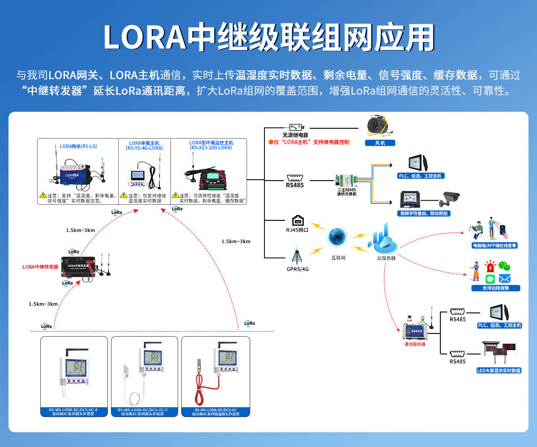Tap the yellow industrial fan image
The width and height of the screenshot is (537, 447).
379,126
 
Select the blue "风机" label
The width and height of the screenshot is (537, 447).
379,143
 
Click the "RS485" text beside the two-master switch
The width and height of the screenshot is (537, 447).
295,185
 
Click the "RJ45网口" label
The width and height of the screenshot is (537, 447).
298,231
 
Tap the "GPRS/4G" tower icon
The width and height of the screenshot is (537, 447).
296,255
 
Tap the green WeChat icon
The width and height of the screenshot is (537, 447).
504,266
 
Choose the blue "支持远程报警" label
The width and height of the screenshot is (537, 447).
495,288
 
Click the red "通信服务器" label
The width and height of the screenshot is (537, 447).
414,344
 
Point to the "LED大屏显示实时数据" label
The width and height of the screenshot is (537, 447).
499,371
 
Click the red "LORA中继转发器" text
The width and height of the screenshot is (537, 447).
40,267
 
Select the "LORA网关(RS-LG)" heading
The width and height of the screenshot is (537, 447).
78,146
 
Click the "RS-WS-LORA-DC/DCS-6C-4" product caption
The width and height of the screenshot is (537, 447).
73,409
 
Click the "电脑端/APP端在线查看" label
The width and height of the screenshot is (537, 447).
494,245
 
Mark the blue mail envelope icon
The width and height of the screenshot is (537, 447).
505,279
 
